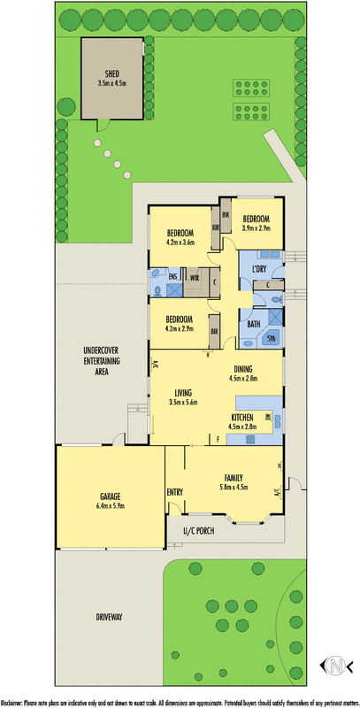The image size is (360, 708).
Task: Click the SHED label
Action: click(111, 74)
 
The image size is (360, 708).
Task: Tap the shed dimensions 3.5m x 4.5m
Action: click(111, 83)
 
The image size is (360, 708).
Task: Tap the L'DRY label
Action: click(260, 268)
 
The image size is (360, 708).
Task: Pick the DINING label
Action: click(246, 369)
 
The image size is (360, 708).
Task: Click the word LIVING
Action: click(184, 392)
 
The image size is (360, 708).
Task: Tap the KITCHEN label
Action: click(242, 417)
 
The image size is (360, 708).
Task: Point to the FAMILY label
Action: click(234, 476)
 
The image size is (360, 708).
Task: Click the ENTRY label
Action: click(174, 491)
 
